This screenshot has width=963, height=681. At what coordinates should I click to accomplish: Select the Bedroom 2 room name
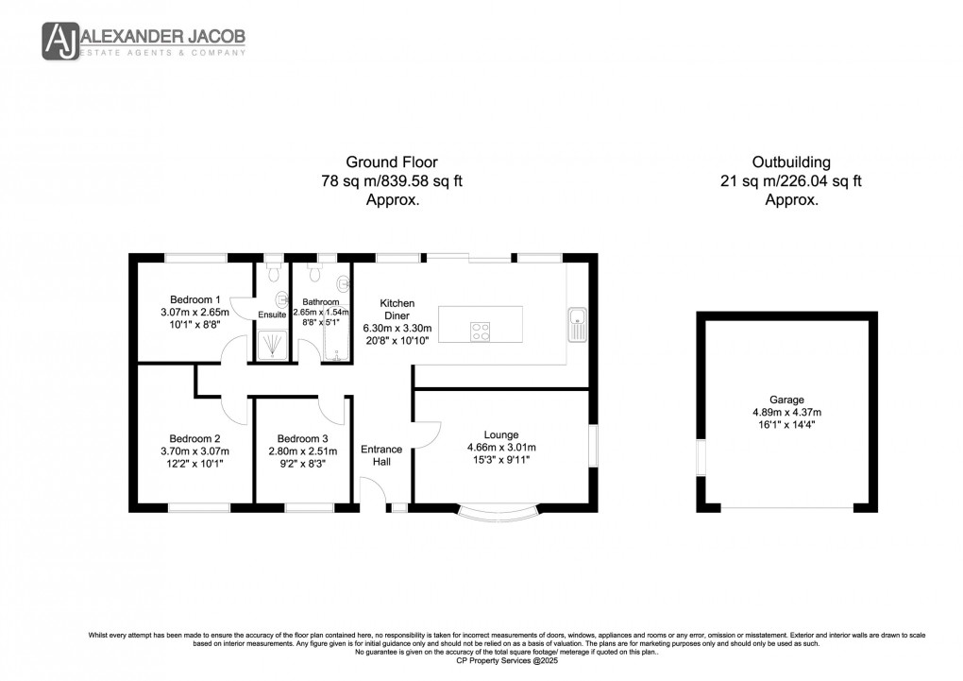[x=194, y=438]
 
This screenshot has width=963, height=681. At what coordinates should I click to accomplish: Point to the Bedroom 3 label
[x=302, y=438]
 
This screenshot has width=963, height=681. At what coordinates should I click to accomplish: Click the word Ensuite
[x=272, y=315]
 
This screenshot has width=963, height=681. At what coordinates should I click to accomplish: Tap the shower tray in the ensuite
[x=271, y=344]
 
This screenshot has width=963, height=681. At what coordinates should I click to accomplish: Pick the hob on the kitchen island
[x=480, y=331]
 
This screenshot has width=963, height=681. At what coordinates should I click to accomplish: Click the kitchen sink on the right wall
[x=577, y=325]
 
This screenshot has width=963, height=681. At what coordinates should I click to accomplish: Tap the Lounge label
[x=501, y=434]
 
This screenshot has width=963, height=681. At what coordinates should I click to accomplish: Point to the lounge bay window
[x=501, y=514]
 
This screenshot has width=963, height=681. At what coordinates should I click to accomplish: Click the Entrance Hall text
[x=381, y=455]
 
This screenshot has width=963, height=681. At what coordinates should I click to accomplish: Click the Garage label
[x=786, y=400]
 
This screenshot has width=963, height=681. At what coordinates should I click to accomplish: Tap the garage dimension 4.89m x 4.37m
[x=786, y=412]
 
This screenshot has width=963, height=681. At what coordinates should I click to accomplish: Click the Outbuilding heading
[x=790, y=162]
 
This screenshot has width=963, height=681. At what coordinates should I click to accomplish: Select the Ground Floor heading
[x=391, y=162]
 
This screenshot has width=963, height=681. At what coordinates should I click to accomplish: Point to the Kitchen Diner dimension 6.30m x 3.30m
[x=397, y=328]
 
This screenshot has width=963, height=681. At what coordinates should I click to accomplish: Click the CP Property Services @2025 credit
[x=481, y=660]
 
